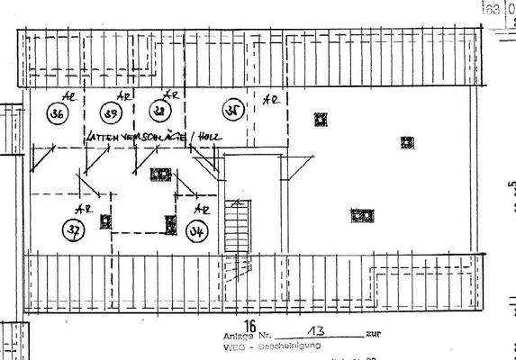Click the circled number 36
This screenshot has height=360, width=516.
[58, 114]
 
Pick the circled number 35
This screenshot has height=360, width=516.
[231, 112]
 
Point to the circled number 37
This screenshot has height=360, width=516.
[72, 229]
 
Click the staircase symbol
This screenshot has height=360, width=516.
[235, 226]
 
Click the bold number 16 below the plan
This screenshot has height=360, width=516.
[250, 327]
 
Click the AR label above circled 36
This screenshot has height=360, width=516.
[66, 94]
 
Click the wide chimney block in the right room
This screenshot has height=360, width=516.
[362, 215]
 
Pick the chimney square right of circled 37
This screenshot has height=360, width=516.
[106, 220]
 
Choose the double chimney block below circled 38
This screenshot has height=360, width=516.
[159, 174]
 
